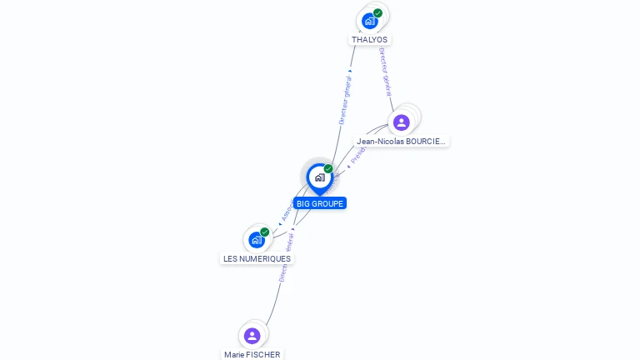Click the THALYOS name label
[369, 39]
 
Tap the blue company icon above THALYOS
[369, 20]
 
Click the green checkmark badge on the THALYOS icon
[377, 13]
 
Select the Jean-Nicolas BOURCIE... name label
[401, 142]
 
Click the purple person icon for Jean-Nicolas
[402, 122]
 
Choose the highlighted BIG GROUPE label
[320, 203]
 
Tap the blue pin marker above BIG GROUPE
[319, 177]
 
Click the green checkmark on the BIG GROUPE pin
[328, 169]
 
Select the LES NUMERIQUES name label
[257, 258]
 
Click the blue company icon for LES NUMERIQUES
[257, 240]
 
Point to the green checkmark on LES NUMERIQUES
[265, 232]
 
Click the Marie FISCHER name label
[252, 354]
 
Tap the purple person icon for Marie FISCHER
[252, 335]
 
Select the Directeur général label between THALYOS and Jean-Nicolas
[384, 72]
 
